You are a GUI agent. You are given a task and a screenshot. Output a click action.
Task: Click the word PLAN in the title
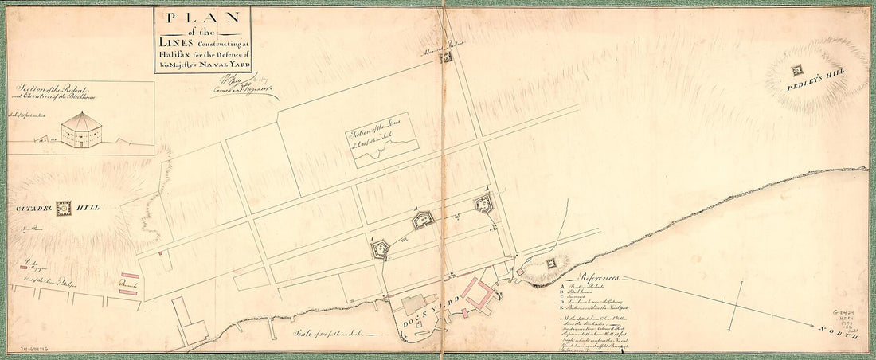tap(202, 18)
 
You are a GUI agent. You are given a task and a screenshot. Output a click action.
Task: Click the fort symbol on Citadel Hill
tap(64, 209)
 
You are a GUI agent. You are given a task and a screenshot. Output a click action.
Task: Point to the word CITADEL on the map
tap(32, 209)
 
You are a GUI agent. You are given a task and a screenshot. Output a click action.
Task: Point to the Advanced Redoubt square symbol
tap(446, 59)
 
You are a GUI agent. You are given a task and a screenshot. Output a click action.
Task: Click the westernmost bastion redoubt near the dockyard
tap(379, 249)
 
